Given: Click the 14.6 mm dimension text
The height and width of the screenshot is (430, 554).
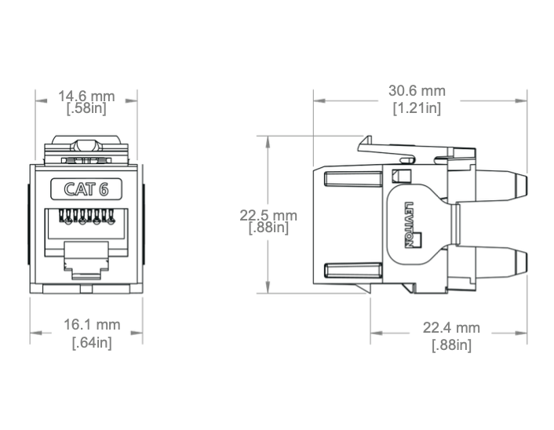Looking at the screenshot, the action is pos(86,96).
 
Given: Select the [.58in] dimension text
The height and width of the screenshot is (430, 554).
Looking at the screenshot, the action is pos(86,108).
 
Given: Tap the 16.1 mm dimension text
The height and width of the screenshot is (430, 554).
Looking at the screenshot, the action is pos(92,325).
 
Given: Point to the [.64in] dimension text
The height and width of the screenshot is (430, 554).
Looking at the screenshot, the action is pos(92,342).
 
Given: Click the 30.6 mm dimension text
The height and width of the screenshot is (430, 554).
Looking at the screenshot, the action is pos(417,91).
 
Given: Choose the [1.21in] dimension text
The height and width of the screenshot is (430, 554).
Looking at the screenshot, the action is pos(417,107).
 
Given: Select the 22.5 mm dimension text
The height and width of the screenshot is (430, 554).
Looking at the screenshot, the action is pos(268,215).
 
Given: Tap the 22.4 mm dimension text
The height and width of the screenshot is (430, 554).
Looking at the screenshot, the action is pos(451,328).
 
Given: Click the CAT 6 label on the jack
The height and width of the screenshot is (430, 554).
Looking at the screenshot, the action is pos(86,189).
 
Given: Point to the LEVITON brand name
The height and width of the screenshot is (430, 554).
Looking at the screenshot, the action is pos(409,225).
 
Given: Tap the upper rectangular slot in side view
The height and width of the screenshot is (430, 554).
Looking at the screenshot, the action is pos(353,178).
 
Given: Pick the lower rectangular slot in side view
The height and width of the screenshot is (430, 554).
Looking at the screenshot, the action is pos(353,270).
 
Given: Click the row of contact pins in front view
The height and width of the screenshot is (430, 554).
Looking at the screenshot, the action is pos(86,217).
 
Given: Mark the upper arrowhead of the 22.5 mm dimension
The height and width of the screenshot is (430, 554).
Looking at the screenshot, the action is pos(268,142).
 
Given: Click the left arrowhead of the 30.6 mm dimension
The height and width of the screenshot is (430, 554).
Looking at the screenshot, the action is pos(319,100).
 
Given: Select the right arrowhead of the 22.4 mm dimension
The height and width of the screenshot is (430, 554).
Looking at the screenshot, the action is pos(521,333).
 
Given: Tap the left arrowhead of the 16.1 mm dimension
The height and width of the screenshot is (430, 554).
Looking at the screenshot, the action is pos(36,333).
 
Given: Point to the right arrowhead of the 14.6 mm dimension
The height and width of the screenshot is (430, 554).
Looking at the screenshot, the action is pos(131,100).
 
